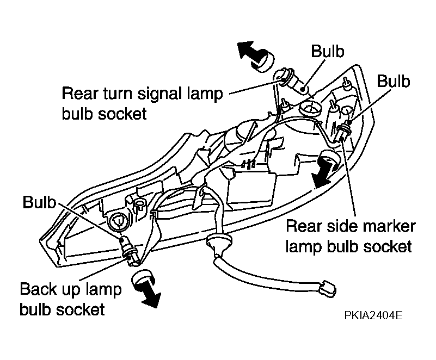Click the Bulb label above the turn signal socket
tap(328, 51)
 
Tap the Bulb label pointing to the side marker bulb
tap(393, 82)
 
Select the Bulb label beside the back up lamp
tap(39, 202)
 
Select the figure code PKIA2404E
tap(373, 315)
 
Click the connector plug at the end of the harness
tap(328, 290)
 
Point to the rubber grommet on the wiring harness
tap(219, 242)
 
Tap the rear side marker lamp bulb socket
tap(342, 131)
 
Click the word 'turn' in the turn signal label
tap(119, 94)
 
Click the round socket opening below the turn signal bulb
tap(310, 108)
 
